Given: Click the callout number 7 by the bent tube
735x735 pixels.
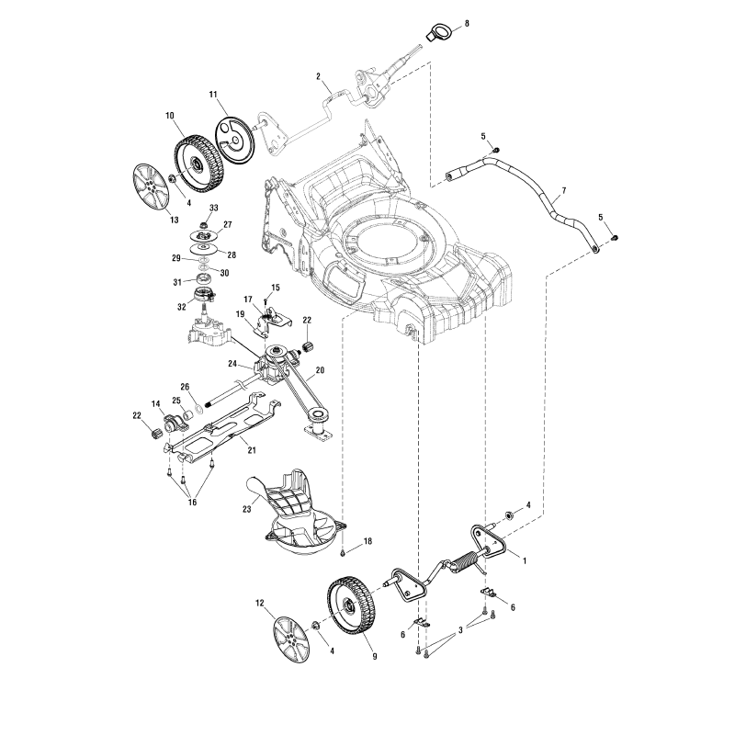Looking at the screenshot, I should [563, 189].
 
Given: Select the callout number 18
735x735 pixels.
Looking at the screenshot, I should [367, 542].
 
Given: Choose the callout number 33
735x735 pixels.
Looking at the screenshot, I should [213, 208].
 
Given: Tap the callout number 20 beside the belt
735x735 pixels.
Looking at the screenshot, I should [320, 372].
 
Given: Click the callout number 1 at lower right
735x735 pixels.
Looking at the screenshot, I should [524, 559].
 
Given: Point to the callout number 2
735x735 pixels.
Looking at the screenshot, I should [317, 76].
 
